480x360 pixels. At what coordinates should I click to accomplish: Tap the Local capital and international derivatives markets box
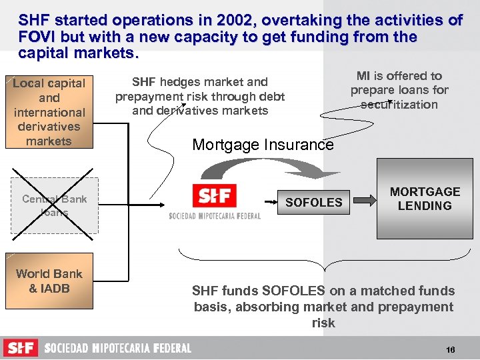click(x=49, y=112)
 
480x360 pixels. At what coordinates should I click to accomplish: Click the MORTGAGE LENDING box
click(x=425, y=199)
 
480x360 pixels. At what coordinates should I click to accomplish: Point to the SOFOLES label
click(x=313, y=202)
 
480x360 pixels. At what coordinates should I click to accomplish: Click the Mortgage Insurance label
click(x=263, y=145)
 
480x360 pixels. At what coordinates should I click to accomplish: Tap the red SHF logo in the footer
click(x=21, y=348)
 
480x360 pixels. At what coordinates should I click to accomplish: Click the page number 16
click(x=451, y=350)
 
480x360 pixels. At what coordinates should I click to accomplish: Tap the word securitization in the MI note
click(x=399, y=105)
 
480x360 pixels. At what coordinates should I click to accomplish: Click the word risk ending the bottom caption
click(x=323, y=323)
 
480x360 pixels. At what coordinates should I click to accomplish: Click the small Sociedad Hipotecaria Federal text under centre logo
click(x=214, y=216)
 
